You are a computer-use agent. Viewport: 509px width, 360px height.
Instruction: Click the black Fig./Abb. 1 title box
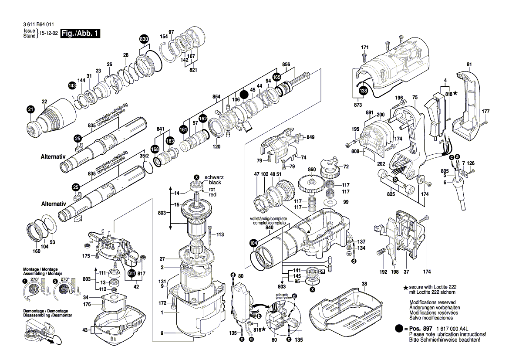coord(80,34)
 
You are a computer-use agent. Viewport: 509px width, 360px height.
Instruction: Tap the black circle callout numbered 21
coord(30,109)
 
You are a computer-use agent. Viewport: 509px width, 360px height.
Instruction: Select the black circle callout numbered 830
coord(144,39)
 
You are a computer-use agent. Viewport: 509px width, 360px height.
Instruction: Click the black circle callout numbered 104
coord(253,243)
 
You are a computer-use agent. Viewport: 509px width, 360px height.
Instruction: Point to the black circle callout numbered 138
coord(363,91)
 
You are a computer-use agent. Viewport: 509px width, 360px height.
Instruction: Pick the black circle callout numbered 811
coord(131,273)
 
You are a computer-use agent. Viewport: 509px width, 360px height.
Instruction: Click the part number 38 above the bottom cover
coord(364,283)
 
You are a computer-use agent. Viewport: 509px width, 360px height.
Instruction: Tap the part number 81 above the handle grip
coord(469,65)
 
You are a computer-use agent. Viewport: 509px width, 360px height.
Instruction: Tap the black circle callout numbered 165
coord(276,77)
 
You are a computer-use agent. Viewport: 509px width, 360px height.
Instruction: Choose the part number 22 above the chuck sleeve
coord(44,102)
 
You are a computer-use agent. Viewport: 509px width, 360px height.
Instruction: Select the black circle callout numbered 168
coord(155,149)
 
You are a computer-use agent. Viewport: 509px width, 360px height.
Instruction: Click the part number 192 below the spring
coord(383,272)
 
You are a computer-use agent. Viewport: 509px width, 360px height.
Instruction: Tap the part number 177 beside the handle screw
coord(485,112)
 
